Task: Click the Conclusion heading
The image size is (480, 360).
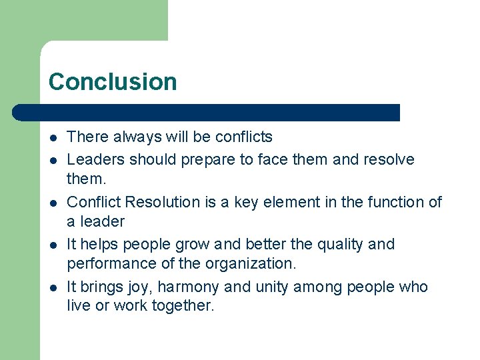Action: click(113, 82)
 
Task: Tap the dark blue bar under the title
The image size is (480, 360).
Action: click(207, 113)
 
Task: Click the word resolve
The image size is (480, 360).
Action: click(388, 160)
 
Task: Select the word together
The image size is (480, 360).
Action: click(181, 307)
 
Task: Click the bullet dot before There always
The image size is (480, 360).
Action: click(52, 137)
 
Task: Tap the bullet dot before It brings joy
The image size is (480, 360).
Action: click(52, 287)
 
